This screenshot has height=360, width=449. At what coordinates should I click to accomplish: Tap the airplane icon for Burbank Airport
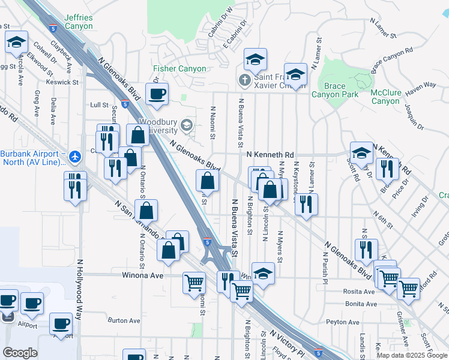tap(74, 157)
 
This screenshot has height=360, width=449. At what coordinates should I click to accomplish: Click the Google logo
tap(20, 353)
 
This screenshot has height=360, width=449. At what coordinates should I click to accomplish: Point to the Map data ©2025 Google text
tap(412, 355)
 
